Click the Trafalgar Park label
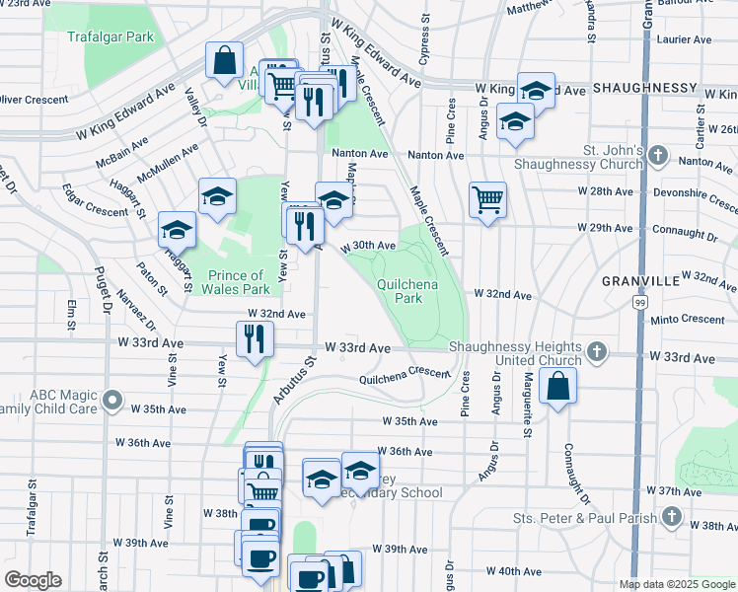click(111, 37)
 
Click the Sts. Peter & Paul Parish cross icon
click(671, 517)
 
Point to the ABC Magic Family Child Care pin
click(113, 402)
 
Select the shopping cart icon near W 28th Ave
click(487, 200)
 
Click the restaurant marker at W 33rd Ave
click(255, 339)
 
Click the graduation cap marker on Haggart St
click(178, 230)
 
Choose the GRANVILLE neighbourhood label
click(641, 280)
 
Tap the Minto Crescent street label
click(688, 320)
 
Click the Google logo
click(33, 580)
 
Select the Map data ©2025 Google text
click(676, 584)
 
